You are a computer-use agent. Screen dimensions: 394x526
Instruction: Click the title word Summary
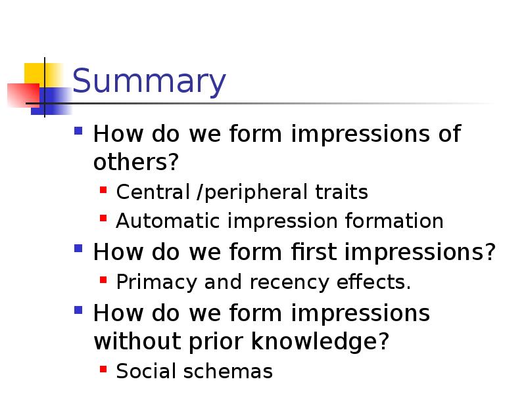(149, 83)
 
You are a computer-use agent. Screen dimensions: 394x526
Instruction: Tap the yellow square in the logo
(37, 74)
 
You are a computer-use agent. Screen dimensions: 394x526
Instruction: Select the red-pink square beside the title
(18, 95)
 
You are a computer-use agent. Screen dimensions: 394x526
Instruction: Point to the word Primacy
(157, 282)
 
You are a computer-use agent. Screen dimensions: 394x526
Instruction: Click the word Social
(145, 372)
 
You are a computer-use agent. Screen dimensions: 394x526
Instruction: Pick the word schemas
(229, 372)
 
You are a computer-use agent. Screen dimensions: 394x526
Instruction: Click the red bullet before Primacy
(103, 282)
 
